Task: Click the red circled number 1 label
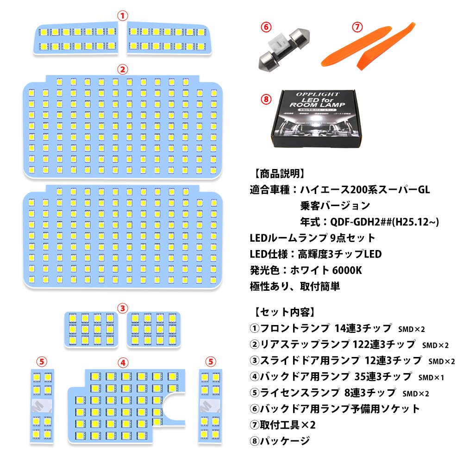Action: pos(122,15)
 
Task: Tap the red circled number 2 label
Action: pos(122,70)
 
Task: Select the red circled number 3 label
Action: pos(122,307)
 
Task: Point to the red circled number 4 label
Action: pos(122,362)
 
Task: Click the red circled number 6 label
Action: pos(265,27)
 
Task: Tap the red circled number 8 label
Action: pos(265,99)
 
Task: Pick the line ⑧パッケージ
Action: pos(279,441)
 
